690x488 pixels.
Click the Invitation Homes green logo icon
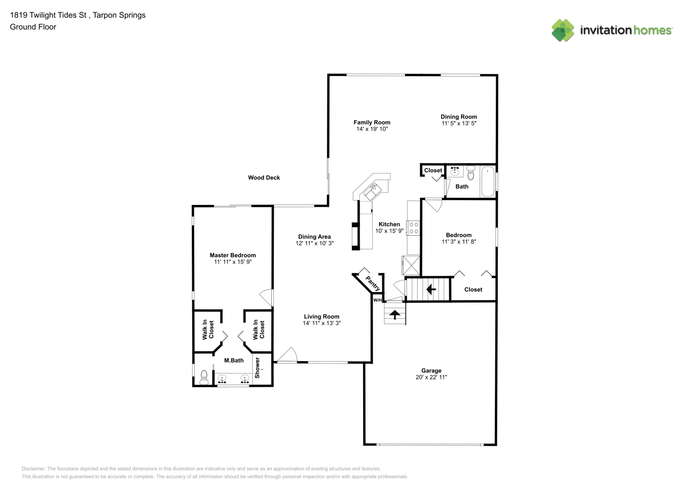click(563, 30)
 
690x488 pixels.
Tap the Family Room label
click(372, 122)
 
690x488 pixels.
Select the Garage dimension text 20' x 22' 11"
click(431, 377)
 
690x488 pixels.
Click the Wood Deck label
click(264, 178)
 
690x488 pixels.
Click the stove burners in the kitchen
click(413, 228)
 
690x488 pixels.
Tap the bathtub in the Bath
click(487, 181)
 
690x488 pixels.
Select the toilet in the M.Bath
click(204, 377)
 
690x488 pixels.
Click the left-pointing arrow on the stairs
click(431, 289)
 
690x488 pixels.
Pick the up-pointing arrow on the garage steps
click(395, 315)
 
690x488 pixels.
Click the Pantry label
click(373, 284)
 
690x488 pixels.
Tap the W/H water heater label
click(378, 300)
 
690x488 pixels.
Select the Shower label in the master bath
click(258, 367)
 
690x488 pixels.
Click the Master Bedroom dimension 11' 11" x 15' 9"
click(233, 262)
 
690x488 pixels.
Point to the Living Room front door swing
click(287, 355)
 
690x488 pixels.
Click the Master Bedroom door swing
click(266, 298)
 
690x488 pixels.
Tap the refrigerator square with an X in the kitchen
click(411, 265)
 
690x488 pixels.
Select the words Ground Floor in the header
click(33, 27)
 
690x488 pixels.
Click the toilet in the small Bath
click(471, 173)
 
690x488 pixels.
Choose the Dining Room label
click(459, 117)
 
